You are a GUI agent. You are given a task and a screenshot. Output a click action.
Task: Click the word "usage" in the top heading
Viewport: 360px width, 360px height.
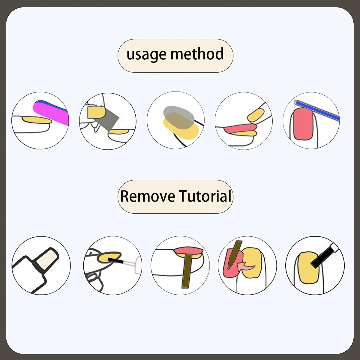coord(146,55)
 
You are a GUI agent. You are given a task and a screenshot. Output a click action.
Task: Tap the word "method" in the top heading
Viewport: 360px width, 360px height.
coord(197,54)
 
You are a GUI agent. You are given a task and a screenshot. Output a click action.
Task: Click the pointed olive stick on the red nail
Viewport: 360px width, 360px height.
coord(234,254)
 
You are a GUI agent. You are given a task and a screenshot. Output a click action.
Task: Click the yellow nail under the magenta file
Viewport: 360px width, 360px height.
coord(37,120)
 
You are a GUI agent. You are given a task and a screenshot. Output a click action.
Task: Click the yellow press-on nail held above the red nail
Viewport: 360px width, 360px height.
coord(256,115)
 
